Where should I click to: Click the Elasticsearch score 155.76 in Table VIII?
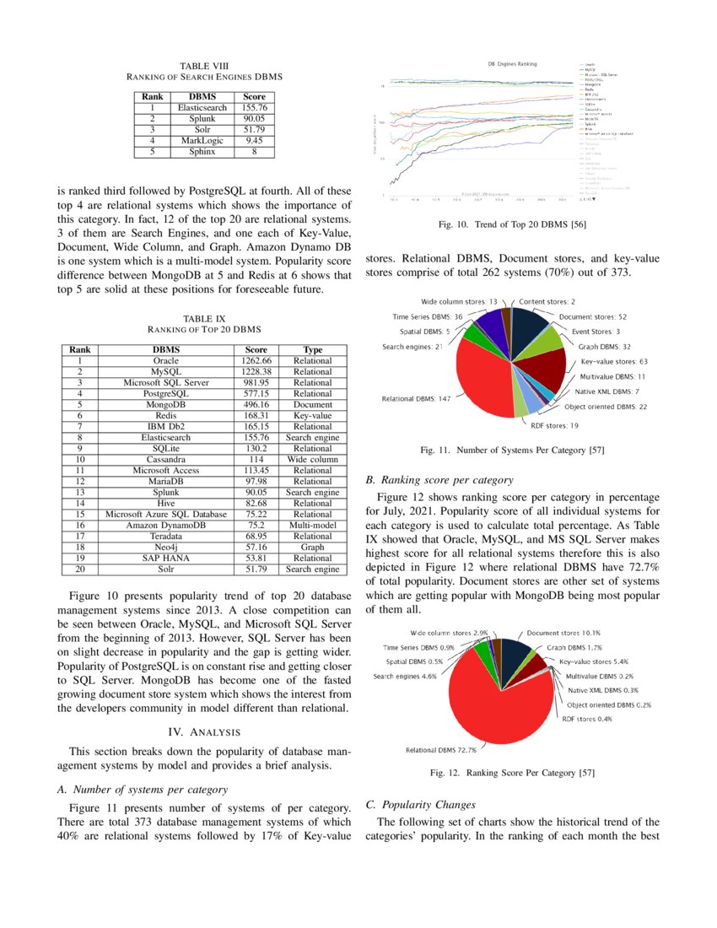click(x=254, y=108)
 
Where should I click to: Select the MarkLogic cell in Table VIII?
click(x=202, y=141)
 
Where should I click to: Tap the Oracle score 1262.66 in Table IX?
click(x=256, y=360)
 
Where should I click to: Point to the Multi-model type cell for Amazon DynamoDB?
click(x=313, y=525)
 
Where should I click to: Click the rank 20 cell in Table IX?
click(x=80, y=569)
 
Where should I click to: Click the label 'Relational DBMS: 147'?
click(x=416, y=398)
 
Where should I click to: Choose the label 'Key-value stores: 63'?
click(x=613, y=361)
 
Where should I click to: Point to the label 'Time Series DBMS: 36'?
click(x=428, y=316)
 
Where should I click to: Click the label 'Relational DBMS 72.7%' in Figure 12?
click(x=441, y=749)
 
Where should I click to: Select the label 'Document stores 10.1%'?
click(x=563, y=632)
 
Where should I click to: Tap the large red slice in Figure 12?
click(x=498, y=700)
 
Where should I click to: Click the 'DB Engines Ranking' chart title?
click(x=512, y=64)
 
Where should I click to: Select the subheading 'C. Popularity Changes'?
click(x=422, y=805)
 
